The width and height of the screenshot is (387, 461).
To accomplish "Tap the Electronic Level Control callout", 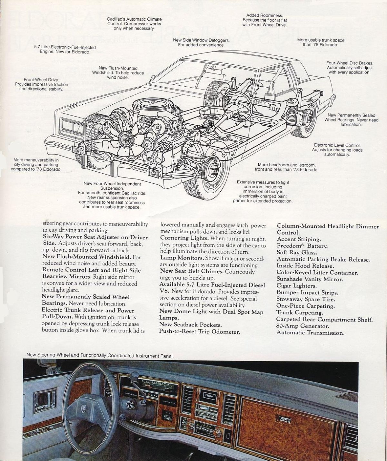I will (337, 150).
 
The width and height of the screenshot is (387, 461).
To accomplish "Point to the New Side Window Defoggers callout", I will (201, 43).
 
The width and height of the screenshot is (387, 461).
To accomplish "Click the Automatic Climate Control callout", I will (134, 24).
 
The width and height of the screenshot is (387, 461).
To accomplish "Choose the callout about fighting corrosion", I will (263, 191).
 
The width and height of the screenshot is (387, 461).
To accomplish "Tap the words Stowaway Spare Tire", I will (305, 299).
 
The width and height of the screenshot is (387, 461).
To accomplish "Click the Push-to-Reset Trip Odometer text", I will (200, 331).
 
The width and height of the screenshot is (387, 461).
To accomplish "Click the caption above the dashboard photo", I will (100, 356).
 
